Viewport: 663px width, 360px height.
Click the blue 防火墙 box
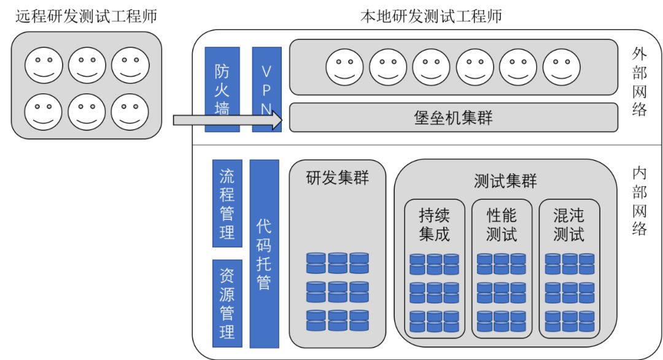tap(222, 89)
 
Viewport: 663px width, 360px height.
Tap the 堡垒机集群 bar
tap(453, 117)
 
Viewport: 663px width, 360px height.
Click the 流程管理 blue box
tap(227, 203)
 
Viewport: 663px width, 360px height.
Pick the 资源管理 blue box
tap(227, 303)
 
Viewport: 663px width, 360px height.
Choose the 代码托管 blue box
tap(264, 254)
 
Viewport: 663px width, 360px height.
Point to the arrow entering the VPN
tap(228, 120)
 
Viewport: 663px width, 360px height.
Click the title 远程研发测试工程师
tap(87, 17)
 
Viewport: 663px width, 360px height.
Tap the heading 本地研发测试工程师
tap(432, 17)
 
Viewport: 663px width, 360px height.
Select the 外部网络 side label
tap(639, 82)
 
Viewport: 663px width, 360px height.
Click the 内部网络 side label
tap(639, 201)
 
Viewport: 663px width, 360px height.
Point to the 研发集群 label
tap(338, 178)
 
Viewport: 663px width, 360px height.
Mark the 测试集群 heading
tap(505, 181)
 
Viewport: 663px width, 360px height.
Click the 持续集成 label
tap(434, 225)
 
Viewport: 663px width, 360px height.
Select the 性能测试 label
tap(502, 225)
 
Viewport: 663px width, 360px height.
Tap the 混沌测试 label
tap(568, 225)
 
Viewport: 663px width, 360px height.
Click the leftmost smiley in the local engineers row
tap(344, 67)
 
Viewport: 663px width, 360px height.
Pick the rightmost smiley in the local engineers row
tap(562, 67)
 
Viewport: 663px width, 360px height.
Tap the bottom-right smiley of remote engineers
tap(130, 112)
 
